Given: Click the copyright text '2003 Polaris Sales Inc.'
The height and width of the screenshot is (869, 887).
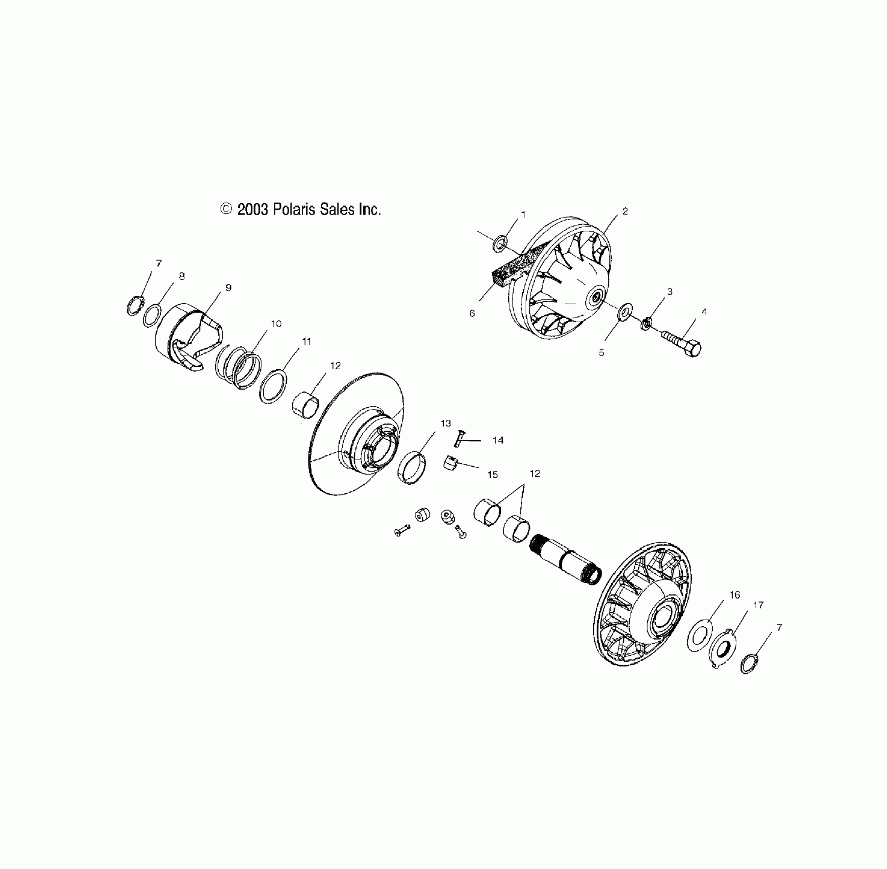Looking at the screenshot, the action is pos(301,210).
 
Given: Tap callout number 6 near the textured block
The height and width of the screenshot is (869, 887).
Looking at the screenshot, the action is pos(472,313).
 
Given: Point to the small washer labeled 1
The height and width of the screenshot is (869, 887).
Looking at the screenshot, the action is pos(499,243).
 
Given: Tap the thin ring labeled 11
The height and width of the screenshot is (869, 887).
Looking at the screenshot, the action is pos(273,386).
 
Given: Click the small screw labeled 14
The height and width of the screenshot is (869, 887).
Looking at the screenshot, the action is pos(458,438).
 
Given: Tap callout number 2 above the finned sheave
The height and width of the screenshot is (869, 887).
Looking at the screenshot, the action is pos(625,211).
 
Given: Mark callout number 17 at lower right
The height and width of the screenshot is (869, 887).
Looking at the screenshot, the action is pos(758,605).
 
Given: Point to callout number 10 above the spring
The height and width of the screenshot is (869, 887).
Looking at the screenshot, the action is pos(276,324).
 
